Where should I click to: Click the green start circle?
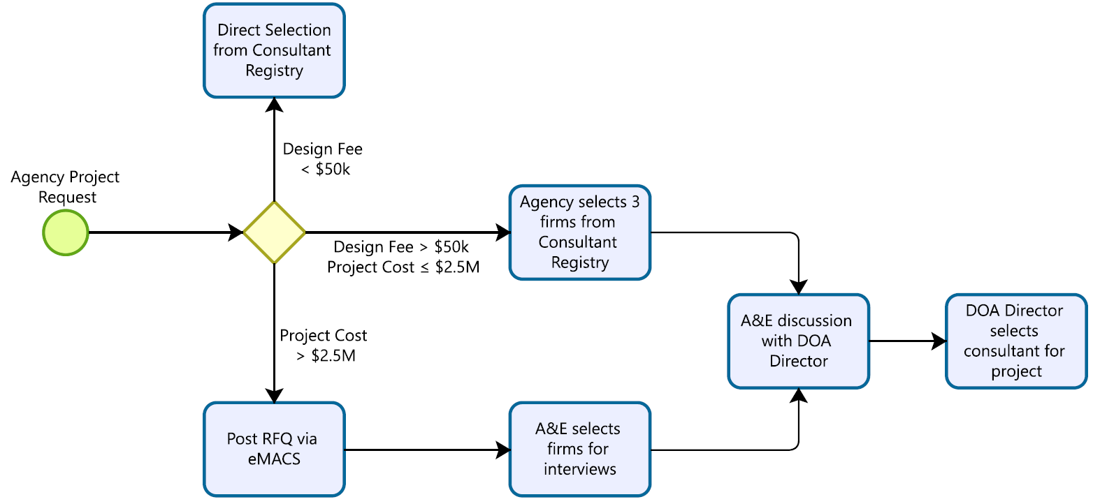[x=65, y=232]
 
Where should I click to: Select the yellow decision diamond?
[x=274, y=232]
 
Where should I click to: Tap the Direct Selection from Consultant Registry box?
[x=274, y=50]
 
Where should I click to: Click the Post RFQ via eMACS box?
[x=274, y=449]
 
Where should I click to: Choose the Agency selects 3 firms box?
[x=580, y=232]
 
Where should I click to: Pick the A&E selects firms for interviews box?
[x=580, y=449]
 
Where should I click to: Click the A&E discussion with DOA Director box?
[x=798, y=341]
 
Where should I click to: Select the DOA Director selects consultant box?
[x=1016, y=341]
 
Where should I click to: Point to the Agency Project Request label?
[x=65, y=187]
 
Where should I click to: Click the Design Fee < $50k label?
[x=322, y=159]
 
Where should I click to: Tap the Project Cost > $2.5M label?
[x=323, y=346]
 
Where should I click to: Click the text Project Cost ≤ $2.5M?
[x=403, y=267]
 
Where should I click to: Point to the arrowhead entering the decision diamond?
[x=236, y=232]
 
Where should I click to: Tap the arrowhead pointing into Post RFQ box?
[x=274, y=395]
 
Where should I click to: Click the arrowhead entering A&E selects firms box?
[x=502, y=450]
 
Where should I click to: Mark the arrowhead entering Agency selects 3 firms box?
[x=502, y=232]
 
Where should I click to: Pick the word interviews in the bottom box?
[x=580, y=468]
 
